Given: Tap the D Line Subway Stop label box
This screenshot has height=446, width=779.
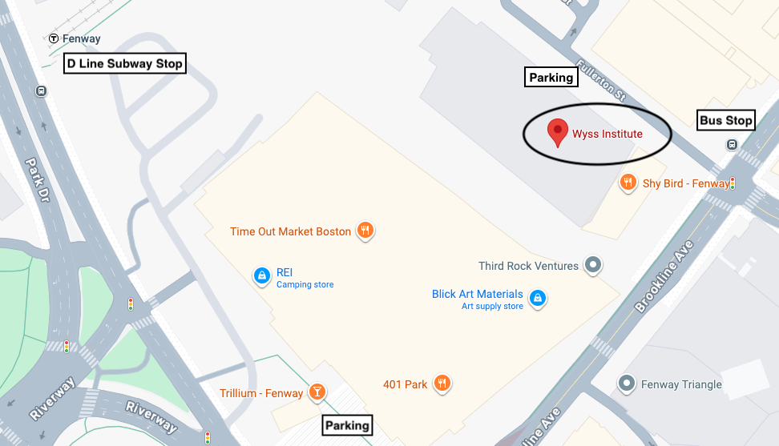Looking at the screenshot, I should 125,64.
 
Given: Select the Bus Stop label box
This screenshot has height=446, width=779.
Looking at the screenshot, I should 726,120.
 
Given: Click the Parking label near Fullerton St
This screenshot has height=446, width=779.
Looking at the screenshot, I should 551,78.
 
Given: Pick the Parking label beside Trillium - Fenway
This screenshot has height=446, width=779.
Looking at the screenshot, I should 347,425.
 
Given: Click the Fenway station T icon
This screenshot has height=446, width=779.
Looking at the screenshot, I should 54,38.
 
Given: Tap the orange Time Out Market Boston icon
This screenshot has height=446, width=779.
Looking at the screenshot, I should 365,231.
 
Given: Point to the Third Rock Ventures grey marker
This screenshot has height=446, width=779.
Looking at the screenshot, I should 593,265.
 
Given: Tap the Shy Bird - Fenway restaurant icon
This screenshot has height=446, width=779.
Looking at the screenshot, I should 628,183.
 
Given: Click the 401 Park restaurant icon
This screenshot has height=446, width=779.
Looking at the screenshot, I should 442,384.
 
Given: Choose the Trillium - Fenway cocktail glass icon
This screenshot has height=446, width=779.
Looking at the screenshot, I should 317,392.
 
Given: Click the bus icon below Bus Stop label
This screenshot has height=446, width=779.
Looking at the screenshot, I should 732,144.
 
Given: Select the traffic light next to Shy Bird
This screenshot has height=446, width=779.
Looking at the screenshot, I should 733,183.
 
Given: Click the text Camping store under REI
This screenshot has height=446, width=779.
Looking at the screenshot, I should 305,285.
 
